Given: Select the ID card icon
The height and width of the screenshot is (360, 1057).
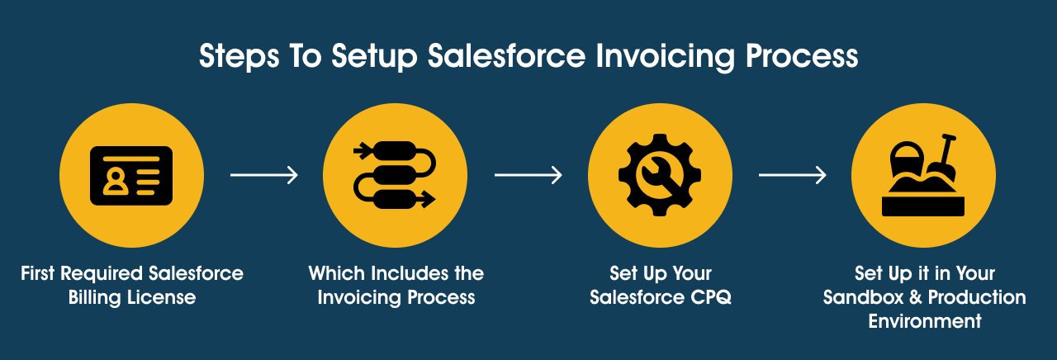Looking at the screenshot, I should point(131,176).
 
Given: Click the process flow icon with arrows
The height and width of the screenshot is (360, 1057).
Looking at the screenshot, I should point(396,175).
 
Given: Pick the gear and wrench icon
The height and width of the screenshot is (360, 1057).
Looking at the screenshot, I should point(660,176).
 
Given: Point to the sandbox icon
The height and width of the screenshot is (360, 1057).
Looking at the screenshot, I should point(924,176).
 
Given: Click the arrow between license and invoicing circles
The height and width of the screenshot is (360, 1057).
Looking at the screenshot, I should point(263,175).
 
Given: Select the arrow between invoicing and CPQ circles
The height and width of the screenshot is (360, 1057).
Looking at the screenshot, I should point(528,175).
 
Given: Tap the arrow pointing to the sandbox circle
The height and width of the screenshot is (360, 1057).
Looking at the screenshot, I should point(792,175).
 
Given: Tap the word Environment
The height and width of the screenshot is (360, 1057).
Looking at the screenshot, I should point(924,321).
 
